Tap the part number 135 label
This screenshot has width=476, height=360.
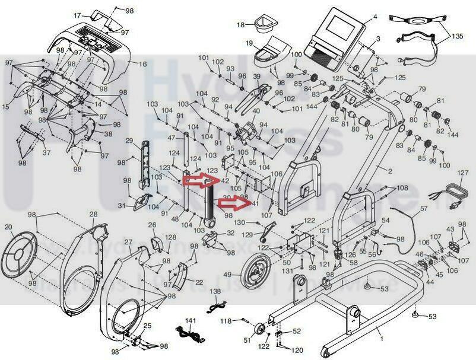[x=457, y=36]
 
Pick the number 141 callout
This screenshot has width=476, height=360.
[x=190, y=320]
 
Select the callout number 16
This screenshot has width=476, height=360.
[x=142, y=63]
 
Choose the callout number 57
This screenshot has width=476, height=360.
[x=424, y=209]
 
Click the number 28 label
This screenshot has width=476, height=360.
[x=93, y=214]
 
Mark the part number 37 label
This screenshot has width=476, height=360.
[x=46, y=152]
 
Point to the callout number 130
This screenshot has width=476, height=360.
[x=239, y=222]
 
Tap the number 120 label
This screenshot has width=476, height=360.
[x=297, y=351]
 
